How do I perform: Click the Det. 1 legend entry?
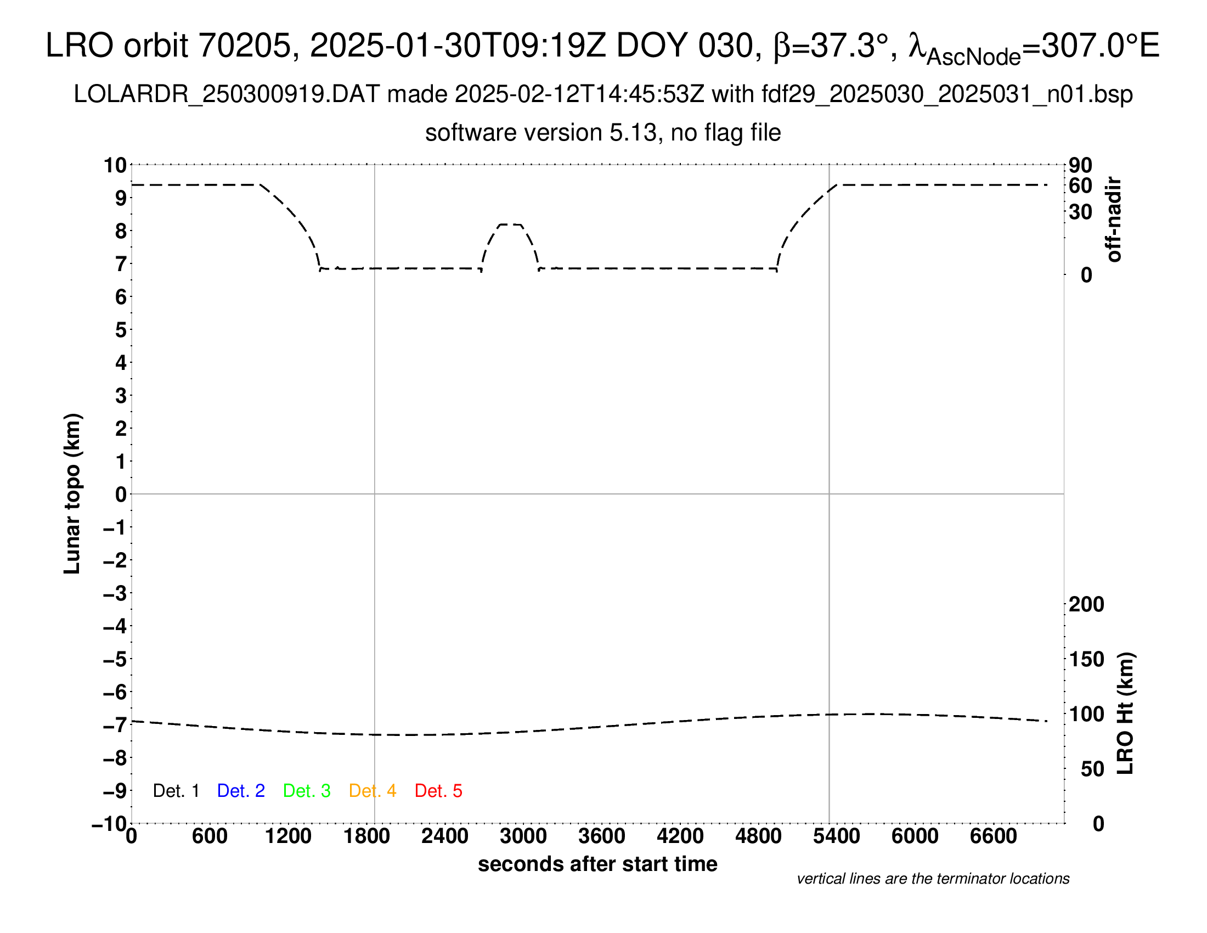pos(176,791)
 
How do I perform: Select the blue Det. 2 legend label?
pos(241,791)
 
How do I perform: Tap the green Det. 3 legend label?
pos(307,791)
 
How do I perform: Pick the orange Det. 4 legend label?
pos(373,791)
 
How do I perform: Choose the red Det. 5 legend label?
pos(438,791)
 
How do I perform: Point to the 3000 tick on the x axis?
pos(523,836)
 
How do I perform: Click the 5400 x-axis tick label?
pos(836,836)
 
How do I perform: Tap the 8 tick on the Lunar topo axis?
pos(121,231)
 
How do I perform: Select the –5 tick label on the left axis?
pos(115,659)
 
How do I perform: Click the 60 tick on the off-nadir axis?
pos(1080,186)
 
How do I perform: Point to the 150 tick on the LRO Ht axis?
pos(1086,659)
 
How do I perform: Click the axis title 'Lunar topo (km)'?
pos(72,493)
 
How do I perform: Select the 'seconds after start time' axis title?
pos(597,864)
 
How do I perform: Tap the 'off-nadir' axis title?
pos(1114,220)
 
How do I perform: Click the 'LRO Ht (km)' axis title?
pos(1125,713)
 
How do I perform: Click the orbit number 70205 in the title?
pos(244,46)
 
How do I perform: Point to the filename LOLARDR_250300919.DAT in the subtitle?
pos(227,94)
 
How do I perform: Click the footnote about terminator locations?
pos(933,879)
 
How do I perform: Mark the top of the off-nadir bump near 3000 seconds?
pos(510,224)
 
